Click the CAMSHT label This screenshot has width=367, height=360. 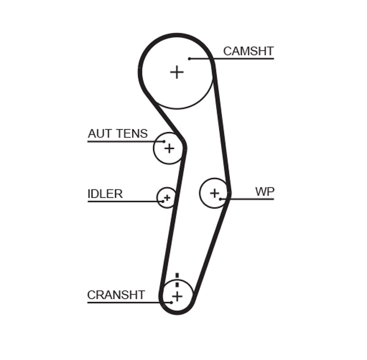248,51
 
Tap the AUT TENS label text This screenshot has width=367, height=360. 117,134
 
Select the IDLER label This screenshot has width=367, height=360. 105,194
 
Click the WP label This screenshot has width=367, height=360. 264,192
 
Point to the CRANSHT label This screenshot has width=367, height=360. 116,295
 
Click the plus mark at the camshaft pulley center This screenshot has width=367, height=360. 177,72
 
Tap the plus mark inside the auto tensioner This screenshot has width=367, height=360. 169,148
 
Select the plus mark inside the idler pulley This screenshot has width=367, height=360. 166,197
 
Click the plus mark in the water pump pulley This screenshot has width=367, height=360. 214,193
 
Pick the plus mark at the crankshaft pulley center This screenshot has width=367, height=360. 177,296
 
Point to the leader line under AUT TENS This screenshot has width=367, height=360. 122,142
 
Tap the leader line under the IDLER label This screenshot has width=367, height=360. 122,201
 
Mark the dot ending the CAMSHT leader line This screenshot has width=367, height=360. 190,59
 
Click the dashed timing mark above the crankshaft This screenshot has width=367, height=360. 177,280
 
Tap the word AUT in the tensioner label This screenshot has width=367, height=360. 98,134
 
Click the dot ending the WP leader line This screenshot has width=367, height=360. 221,199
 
